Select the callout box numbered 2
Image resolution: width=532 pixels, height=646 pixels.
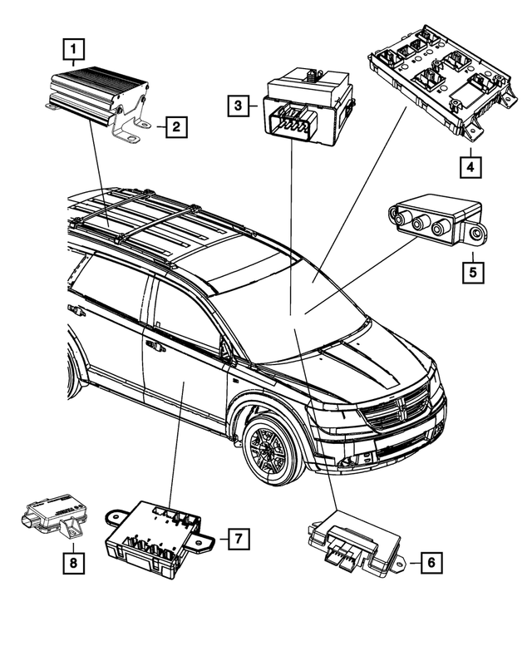pyautogui.click(x=175, y=127)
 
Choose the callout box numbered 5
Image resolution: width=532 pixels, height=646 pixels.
pyautogui.click(x=470, y=272)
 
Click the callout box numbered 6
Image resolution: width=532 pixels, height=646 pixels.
pyautogui.click(x=430, y=563)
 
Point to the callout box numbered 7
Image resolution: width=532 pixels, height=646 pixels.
pyautogui.click(x=237, y=538)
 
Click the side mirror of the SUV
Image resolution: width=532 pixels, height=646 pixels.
pyautogui.click(x=225, y=350)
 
